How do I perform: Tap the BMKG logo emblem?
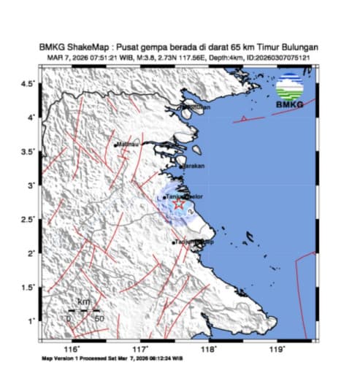point(290,90)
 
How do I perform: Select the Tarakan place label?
point(194,166)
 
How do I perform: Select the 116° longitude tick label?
point(72,350)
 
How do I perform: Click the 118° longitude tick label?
point(210,350)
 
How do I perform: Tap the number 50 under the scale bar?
point(99,318)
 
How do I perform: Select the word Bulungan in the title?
point(296,47)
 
